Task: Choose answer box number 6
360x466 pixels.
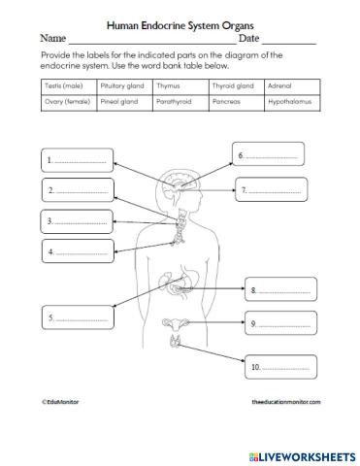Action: click(269, 154)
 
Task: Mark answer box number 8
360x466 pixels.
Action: click(281, 289)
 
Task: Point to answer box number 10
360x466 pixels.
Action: click(281, 367)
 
